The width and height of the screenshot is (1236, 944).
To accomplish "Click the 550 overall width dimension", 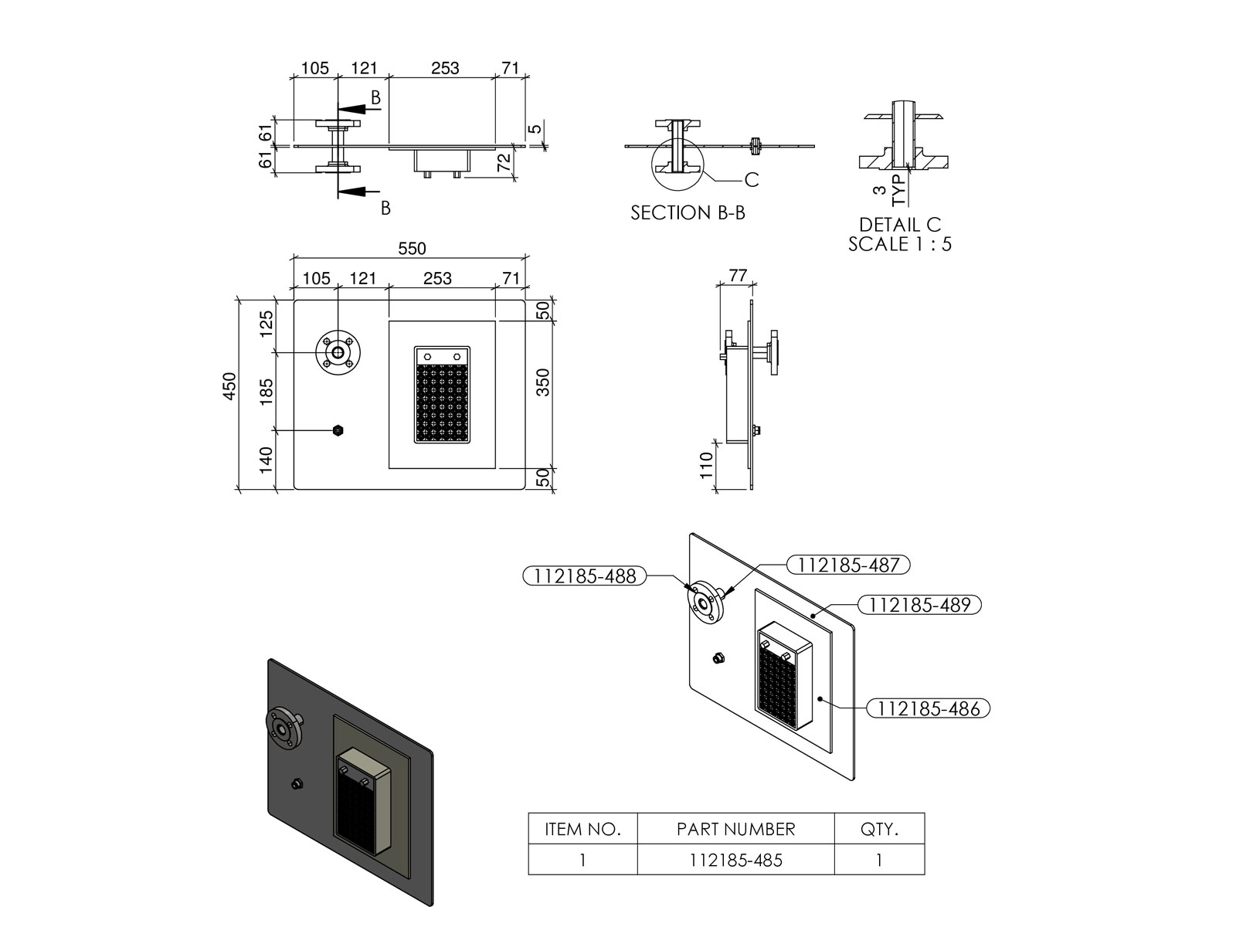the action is pos(412,249).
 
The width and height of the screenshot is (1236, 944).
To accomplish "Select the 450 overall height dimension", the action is pos(229,386).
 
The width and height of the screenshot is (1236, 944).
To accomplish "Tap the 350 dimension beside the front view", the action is pos(543,383).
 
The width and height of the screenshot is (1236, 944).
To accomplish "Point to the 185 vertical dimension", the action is pos(267,392).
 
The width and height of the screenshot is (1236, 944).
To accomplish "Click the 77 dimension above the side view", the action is pos(738,276).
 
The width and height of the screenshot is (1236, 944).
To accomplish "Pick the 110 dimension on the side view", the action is pos(706,466).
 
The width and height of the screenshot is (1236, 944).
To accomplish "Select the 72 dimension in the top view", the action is pos(503,163).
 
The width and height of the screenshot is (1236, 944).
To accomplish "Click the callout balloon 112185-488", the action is pos(585,576).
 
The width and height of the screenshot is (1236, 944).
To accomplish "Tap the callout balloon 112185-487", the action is pos(848,565).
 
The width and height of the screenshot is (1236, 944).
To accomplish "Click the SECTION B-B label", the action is pos(688,213).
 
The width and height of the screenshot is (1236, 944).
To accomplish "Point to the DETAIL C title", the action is pos(900,225).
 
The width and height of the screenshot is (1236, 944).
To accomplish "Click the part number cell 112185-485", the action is pos(736,860).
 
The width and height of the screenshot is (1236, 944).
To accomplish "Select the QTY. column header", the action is pos(879,830).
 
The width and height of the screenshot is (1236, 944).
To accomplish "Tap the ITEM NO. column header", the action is pos(582,830).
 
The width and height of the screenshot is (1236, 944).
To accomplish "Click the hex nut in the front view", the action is pos(338,430).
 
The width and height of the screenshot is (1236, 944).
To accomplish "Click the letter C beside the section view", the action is pos(752,180).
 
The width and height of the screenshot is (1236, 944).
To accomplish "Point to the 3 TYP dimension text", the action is pos(888,190).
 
